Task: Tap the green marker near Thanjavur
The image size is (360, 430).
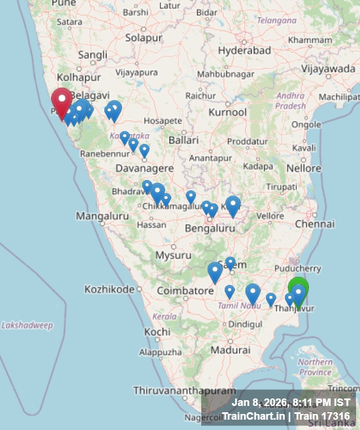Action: tap(298, 288)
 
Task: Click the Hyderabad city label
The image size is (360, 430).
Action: tap(244, 50)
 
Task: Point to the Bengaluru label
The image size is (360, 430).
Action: tap(210, 228)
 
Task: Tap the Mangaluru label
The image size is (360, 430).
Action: tap(97, 216)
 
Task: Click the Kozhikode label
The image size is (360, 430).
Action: tap(109, 289)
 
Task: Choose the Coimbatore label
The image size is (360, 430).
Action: tap(185, 291)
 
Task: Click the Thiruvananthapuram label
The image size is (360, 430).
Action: tap(184, 390)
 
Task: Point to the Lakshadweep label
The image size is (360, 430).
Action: tap(27, 325)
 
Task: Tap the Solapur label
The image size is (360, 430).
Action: tap(144, 38)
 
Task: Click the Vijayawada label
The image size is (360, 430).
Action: tap(328, 69)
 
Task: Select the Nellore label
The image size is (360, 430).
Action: tap(304, 168)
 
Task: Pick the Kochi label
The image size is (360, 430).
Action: tap(157, 331)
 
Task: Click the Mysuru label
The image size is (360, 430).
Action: tap(174, 255)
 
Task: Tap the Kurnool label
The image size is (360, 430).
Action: tap(228, 112)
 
